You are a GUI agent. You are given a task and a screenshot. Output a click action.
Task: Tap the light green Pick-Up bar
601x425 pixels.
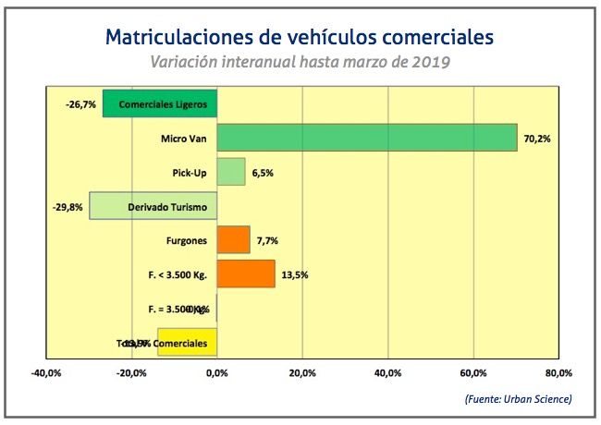click(231, 172)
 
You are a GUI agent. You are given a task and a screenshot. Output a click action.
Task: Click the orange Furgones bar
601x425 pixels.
click(233, 240)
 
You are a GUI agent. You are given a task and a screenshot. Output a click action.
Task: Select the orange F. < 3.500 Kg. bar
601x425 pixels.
click(246, 274)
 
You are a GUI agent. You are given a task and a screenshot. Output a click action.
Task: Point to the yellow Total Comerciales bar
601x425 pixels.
click(188, 342)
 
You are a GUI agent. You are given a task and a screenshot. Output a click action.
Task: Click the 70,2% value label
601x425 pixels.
click(537, 139)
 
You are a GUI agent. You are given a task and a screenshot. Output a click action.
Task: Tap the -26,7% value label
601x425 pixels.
click(81, 104)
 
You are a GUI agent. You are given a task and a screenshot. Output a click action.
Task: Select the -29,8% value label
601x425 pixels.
click(68, 207)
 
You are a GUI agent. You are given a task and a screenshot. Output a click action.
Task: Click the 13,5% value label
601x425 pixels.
click(294, 274)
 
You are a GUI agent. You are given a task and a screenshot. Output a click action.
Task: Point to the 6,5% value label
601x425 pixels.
click(264, 173)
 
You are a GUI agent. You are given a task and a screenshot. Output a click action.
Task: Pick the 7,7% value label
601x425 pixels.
click(268, 241)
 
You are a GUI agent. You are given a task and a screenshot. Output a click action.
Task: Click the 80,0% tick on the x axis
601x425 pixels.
click(558, 373)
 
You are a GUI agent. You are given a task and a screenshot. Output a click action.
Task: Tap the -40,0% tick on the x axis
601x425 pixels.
click(46, 373)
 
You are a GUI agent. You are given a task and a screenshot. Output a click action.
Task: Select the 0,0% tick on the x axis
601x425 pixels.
click(217, 373)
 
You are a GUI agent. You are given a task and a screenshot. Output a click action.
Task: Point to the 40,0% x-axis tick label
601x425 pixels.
click(387, 373)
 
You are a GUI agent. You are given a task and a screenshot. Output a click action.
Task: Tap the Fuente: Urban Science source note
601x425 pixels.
click(518, 399)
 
